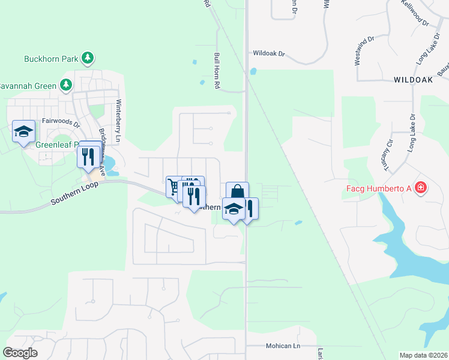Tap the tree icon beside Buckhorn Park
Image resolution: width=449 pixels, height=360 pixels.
pyautogui.click(x=88, y=58)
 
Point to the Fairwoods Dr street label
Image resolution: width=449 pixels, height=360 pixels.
pyautogui.click(x=61, y=122)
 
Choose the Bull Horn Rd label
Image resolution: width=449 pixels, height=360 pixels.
pyautogui.click(x=217, y=70)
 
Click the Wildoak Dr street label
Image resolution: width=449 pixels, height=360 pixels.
pyautogui.click(x=268, y=53)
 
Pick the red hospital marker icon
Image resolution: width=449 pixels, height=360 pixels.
pyautogui.click(x=421, y=188)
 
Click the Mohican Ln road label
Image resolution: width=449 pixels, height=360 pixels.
pyautogui.click(x=283, y=346)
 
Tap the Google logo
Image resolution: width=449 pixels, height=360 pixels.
pyautogui.click(x=20, y=353)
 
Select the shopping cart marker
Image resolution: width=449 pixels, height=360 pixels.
pyautogui.click(x=174, y=187)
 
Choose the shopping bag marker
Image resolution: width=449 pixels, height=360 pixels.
pyautogui.click(x=237, y=192)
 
